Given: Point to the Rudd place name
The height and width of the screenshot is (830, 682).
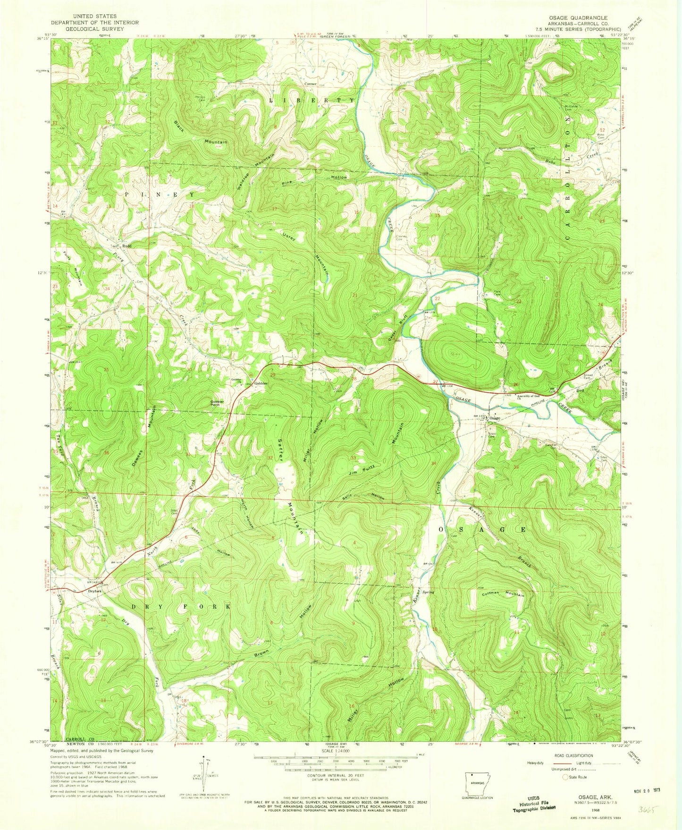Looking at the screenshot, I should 126,246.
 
